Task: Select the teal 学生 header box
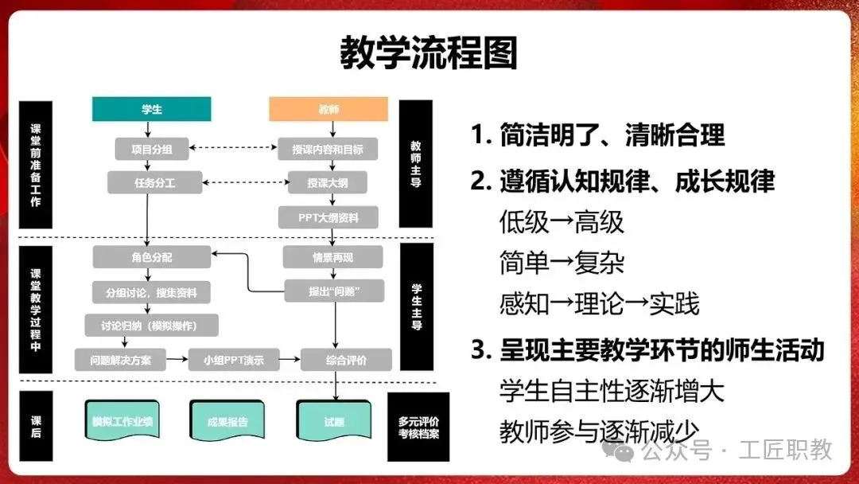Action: point(152,109)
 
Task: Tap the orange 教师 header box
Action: point(328,109)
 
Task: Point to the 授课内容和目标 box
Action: point(328,148)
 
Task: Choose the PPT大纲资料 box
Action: point(328,217)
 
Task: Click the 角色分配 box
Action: point(152,257)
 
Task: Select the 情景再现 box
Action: point(332,257)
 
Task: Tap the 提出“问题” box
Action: point(334,291)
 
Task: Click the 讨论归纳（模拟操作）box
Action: point(151,326)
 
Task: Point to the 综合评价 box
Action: point(346,360)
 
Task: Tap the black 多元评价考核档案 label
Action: point(418,427)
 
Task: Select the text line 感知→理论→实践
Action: point(599,303)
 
